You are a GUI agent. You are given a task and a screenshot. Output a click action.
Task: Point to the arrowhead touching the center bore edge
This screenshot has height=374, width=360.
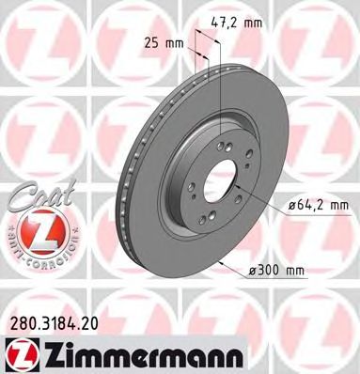[240, 187]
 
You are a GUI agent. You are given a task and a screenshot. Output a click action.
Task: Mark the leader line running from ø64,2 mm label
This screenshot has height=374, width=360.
[264, 197]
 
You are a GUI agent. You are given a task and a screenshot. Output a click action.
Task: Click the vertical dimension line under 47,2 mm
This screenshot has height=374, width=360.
[219, 94]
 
